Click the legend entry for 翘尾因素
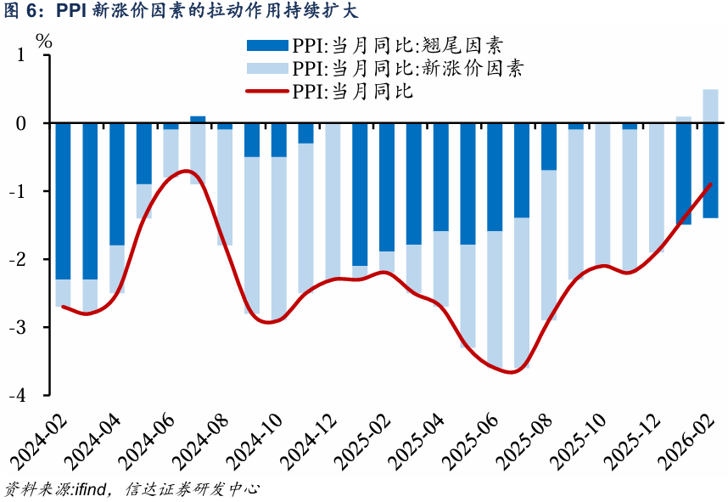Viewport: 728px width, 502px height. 382,46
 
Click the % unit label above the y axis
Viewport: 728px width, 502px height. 44,39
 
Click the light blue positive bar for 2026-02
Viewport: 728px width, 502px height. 710,106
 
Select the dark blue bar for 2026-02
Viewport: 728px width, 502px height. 710,170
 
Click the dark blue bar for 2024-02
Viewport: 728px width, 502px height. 63,200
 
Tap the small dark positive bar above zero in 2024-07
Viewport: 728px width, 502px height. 198,120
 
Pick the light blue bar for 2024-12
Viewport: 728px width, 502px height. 333,200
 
